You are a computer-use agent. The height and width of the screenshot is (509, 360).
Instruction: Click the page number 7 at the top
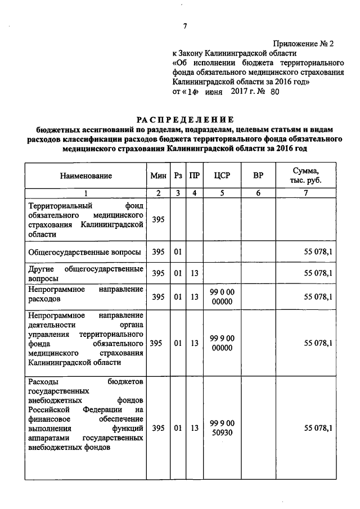click(x=184, y=25)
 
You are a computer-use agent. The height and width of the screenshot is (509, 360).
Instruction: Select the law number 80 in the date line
click(x=274, y=92)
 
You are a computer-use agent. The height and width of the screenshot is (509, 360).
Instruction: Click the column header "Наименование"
click(x=86, y=176)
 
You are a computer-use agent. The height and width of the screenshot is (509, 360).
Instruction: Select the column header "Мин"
click(x=158, y=176)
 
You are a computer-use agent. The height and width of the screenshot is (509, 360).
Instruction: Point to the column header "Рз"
click(x=178, y=176)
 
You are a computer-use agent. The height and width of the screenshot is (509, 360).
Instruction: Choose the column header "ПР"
click(x=194, y=176)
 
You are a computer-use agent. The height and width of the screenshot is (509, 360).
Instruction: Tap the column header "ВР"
click(x=258, y=176)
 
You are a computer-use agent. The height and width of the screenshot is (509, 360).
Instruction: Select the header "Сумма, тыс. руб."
click(x=306, y=175)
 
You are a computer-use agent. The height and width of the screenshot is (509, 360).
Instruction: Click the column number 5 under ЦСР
click(x=222, y=193)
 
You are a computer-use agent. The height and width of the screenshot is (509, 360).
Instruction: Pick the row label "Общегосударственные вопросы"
click(x=84, y=252)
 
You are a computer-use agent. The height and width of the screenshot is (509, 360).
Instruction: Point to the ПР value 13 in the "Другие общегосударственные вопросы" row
click(x=194, y=273)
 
